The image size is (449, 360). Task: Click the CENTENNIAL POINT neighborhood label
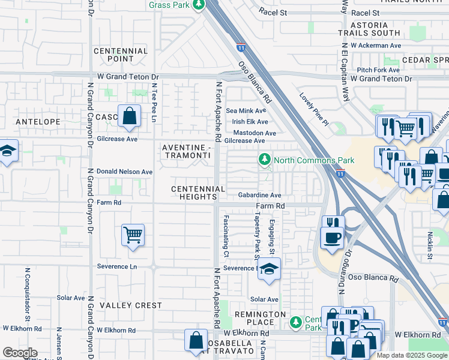click(121, 55)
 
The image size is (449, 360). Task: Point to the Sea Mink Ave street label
click(246, 110)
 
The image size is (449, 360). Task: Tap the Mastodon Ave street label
click(254, 133)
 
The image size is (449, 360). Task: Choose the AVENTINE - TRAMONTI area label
click(187, 151)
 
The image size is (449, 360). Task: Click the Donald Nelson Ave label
click(124, 172)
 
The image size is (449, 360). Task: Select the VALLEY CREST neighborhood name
click(131, 305)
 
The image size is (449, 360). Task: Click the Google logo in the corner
click(20, 353)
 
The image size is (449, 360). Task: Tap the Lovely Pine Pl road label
click(315, 106)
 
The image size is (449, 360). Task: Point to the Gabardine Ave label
click(259, 195)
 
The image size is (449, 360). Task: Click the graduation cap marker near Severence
click(270, 269)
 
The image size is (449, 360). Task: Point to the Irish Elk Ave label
click(250, 122)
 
